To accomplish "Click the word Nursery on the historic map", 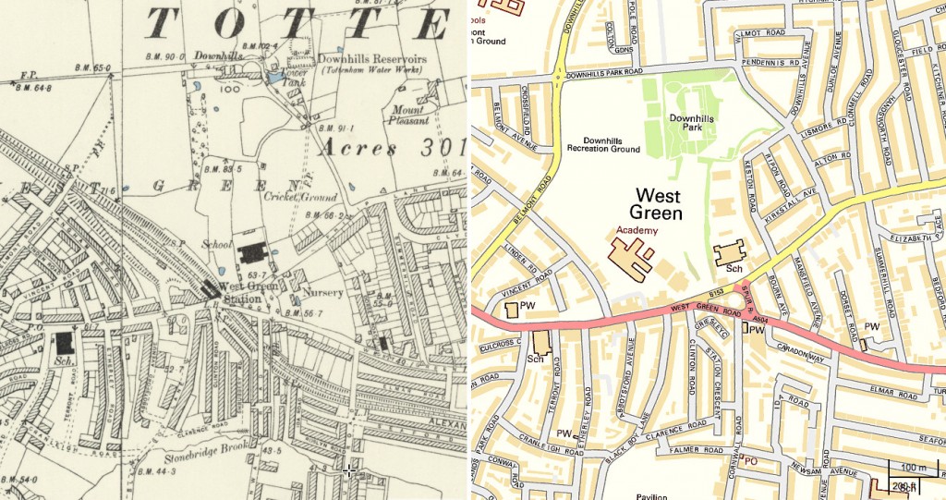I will (x=322, y=293).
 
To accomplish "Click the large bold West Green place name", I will (x=656, y=204).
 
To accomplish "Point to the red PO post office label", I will (x=753, y=459).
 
